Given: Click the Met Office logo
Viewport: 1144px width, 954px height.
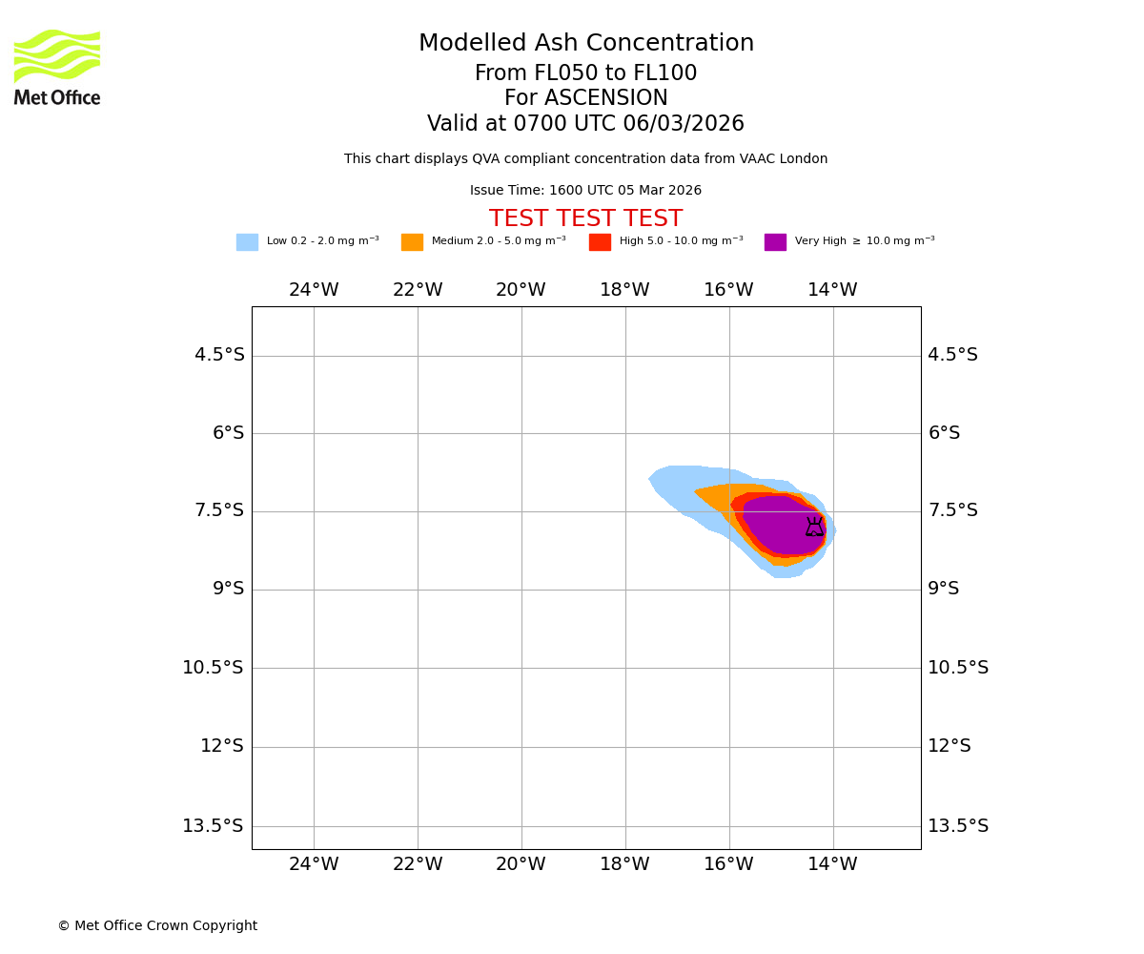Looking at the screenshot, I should click(57, 67).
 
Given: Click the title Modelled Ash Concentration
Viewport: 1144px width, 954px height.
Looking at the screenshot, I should click(585, 44).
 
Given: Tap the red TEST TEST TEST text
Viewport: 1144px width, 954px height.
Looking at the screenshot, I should click(585, 219).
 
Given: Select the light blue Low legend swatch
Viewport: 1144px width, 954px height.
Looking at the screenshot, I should click(247, 242).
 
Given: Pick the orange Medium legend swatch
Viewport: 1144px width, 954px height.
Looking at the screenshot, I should click(412, 242).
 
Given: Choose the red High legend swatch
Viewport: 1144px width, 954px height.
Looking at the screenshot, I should click(600, 242).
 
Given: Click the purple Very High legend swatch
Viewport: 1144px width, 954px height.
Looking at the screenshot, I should click(775, 242).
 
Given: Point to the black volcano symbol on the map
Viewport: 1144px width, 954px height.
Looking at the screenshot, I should click(814, 527).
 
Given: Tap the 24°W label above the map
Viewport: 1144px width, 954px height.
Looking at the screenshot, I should click(314, 290).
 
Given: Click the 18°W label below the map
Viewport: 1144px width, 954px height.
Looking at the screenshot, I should click(624, 864).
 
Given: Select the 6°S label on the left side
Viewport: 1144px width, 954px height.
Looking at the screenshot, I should click(228, 433).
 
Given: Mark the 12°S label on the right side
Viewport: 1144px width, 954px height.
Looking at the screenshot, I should click(950, 746).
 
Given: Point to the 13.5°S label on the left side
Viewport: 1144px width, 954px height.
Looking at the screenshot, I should click(213, 826).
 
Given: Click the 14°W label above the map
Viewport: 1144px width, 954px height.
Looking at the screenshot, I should click(832, 290).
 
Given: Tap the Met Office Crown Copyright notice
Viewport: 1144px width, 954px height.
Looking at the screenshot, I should click(157, 926).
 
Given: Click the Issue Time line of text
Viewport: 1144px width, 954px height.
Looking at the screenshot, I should click(585, 191).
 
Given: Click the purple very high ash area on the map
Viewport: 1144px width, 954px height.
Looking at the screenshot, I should click(777, 525).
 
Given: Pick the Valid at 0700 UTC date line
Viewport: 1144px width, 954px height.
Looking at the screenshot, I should click(585, 124).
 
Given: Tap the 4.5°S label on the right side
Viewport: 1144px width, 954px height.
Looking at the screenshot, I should click(952, 355).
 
